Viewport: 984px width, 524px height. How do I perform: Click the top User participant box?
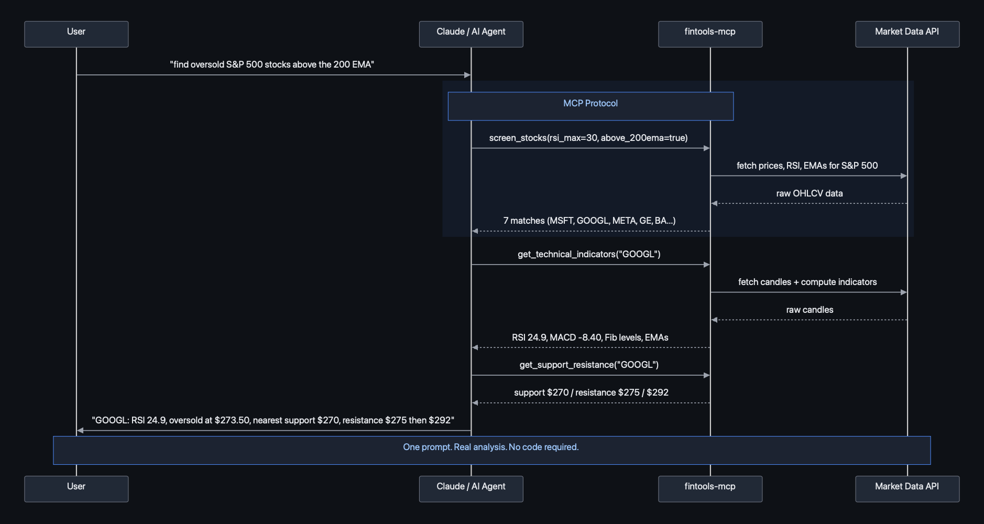[76, 34]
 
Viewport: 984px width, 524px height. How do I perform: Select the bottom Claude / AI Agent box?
[471, 488]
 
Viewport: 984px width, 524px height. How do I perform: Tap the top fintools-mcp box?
[710, 34]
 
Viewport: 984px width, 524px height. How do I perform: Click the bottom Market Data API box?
[907, 488]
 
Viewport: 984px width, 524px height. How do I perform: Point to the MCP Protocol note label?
[590, 104]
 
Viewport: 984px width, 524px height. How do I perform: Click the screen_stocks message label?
[588, 138]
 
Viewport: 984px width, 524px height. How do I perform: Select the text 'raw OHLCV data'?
[809, 193]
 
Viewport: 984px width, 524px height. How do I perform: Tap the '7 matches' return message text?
[589, 221]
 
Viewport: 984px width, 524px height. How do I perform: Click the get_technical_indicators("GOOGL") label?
[589, 254]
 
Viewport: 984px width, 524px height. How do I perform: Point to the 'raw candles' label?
[809, 310]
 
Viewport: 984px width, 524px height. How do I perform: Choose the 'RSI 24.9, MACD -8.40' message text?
[589, 337]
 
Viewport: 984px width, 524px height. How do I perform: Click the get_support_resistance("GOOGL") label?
[589, 365]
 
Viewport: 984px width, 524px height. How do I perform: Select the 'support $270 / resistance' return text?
[591, 392]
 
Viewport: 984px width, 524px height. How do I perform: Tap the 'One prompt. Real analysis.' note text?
[490, 447]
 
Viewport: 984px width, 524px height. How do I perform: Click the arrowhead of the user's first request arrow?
[467, 75]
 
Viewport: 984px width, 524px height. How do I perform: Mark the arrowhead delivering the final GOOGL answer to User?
[80, 431]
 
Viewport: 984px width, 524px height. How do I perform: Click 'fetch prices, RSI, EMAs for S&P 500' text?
[807, 166]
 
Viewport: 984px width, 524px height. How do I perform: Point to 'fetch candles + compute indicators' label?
[807, 282]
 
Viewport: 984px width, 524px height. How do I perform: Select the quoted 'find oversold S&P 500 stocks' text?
[271, 64]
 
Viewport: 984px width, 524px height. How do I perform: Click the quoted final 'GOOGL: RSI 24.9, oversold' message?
[272, 420]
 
